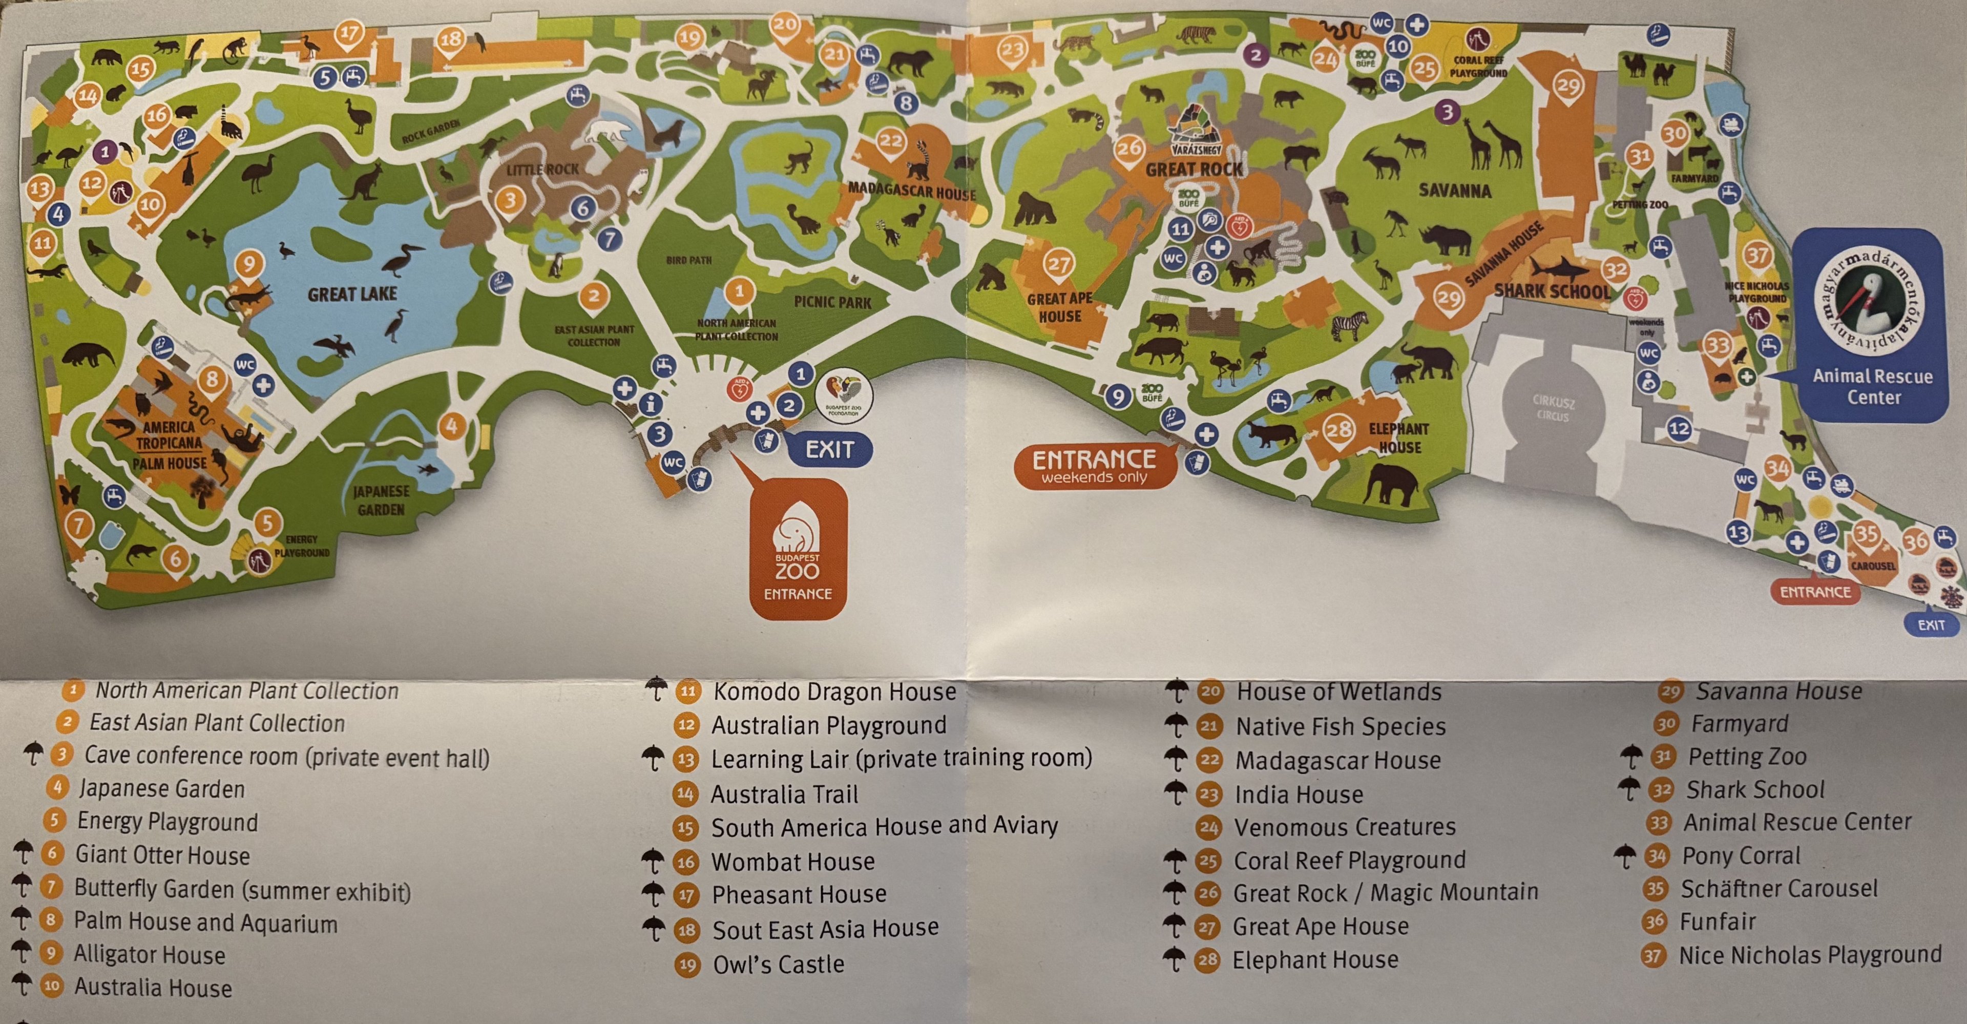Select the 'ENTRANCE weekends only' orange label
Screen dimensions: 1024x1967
click(1094, 466)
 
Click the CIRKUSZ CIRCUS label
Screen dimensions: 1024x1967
click(1553, 409)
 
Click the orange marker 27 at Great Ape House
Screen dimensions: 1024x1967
click(1058, 264)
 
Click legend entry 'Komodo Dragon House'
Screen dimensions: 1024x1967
click(834, 692)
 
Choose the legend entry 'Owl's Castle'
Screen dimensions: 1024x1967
click(778, 965)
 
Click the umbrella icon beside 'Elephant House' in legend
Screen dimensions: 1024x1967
click(1175, 958)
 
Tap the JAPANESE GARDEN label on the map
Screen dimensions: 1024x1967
click(381, 500)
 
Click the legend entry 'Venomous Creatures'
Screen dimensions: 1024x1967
click(1345, 827)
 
